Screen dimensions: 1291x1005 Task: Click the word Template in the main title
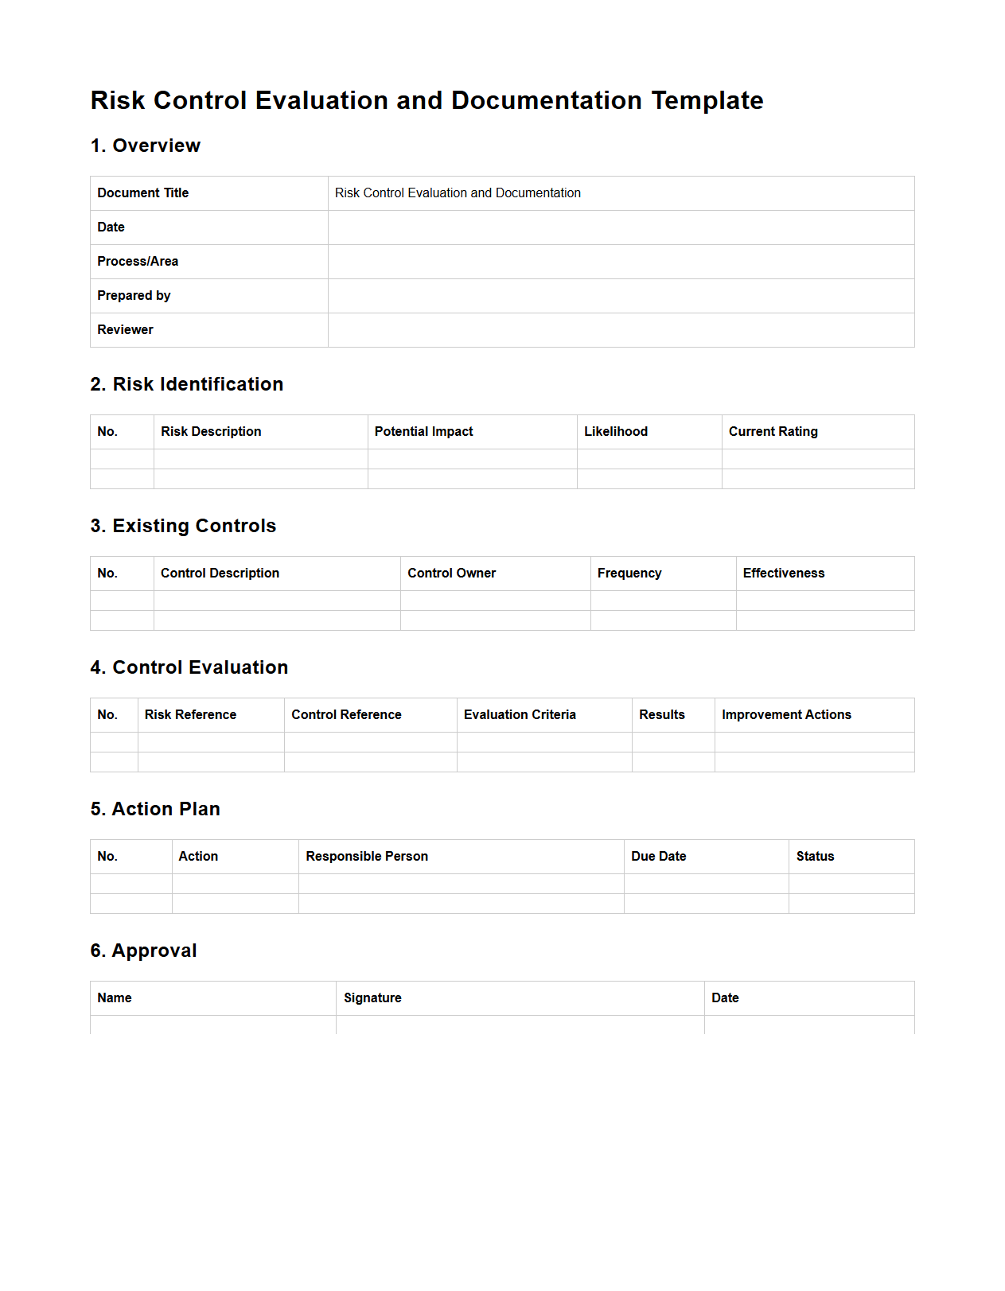tap(707, 101)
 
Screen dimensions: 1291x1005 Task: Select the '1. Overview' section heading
tap(146, 146)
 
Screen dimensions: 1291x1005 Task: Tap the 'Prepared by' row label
tap(134, 296)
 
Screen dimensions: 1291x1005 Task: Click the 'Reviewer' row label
tap(125, 330)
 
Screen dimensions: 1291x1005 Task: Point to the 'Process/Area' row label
tap(138, 262)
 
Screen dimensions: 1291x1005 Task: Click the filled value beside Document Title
tap(458, 193)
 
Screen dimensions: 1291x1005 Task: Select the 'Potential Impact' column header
tap(423, 432)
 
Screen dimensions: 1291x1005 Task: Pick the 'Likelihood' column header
tap(616, 432)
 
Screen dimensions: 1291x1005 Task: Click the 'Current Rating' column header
tap(773, 432)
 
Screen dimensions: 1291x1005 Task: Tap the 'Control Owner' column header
tap(451, 574)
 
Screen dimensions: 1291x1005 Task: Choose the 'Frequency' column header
tap(629, 574)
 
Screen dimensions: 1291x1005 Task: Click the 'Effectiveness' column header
tap(784, 574)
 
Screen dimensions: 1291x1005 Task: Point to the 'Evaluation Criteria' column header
tap(520, 715)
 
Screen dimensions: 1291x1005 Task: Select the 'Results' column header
tap(662, 715)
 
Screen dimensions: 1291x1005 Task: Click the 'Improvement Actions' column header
tap(786, 715)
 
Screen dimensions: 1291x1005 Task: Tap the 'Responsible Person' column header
tap(367, 857)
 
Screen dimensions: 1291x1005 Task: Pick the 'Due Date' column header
tap(659, 857)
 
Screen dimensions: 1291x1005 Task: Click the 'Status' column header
tap(815, 857)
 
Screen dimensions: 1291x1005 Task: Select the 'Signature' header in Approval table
tap(372, 998)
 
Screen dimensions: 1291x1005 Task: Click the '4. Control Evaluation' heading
tap(189, 667)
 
